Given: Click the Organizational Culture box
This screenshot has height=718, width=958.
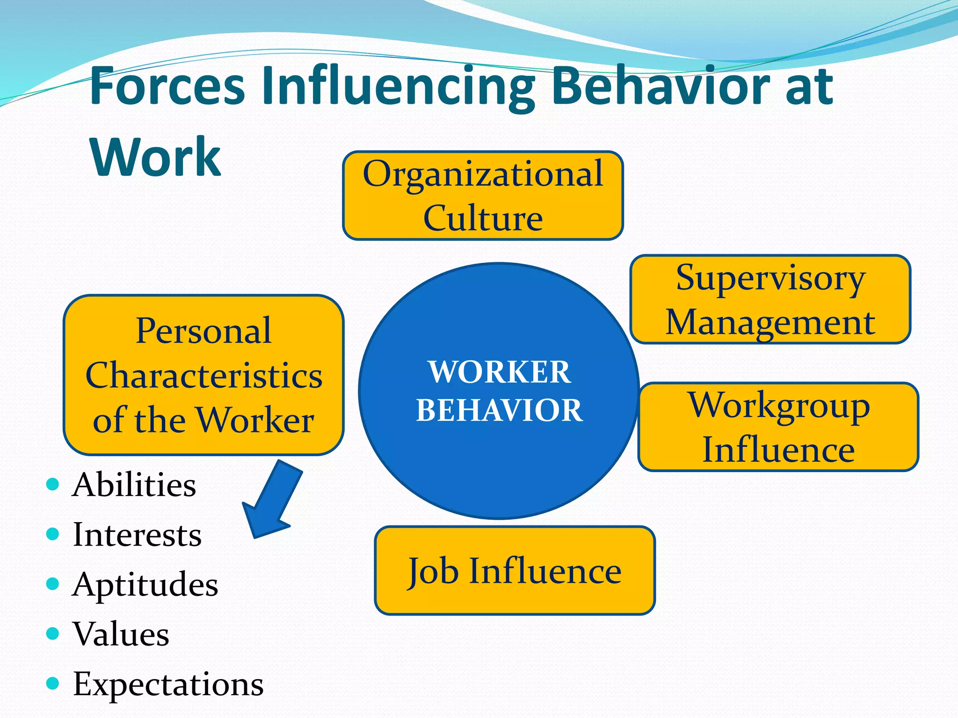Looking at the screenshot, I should tap(483, 195).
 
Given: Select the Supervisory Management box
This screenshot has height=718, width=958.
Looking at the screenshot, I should tap(770, 299).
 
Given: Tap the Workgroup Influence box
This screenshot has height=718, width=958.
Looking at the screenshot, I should tap(778, 427).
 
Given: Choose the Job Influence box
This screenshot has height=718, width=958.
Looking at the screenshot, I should tap(515, 570).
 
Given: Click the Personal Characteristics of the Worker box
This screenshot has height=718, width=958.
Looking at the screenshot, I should tap(203, 375).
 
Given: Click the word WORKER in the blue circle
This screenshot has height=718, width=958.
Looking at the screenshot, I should tap(500, 372).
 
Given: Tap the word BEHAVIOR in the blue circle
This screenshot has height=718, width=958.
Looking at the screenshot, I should tap(500, 410).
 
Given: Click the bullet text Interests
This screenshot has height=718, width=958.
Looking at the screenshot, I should tap(137, 534).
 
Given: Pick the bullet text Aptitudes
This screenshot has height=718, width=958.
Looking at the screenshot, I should tap(145, 584).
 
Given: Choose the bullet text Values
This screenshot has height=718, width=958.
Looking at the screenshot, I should tap(121, 634).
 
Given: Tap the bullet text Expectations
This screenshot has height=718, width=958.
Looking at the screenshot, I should tap(168, 684).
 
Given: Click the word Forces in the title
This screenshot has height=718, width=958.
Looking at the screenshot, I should tap(167, 86).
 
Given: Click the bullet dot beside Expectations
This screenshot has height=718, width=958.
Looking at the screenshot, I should tap(53, 684).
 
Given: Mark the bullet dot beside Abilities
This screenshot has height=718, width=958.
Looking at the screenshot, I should tap(53, 484).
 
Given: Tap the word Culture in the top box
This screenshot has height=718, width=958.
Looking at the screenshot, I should tap(483, 218).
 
